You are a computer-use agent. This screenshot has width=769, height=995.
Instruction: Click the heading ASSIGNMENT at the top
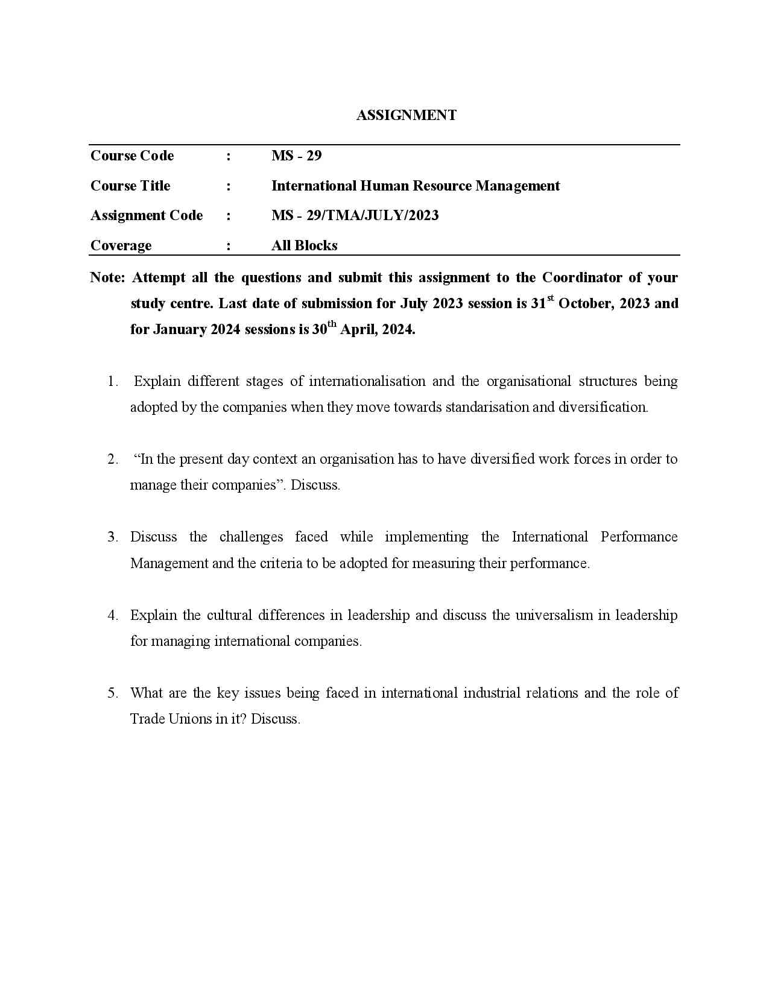(x=406, y=115)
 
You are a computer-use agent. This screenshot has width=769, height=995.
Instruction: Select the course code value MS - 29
(x=296, y=156)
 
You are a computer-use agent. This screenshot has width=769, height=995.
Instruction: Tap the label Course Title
(x=130, y=186)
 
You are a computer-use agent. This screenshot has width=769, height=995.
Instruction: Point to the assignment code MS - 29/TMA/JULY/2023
(x=355, y=215)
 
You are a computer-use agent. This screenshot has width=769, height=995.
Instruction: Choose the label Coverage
(x=121, y=245)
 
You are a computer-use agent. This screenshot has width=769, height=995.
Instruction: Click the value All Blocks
(x=304, y=245)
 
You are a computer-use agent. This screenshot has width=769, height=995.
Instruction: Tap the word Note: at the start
(x=107, y=277)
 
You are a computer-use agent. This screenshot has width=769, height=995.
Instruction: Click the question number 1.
(x=112, y=381)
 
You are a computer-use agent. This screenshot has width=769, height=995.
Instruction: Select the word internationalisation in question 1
(x=367, y=381)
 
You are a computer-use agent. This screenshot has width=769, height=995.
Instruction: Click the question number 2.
(x=112, y=459)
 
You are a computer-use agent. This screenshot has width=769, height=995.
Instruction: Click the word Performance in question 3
(x=639, y=537)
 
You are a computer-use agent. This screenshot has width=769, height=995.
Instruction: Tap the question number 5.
(x=112, y=693)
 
